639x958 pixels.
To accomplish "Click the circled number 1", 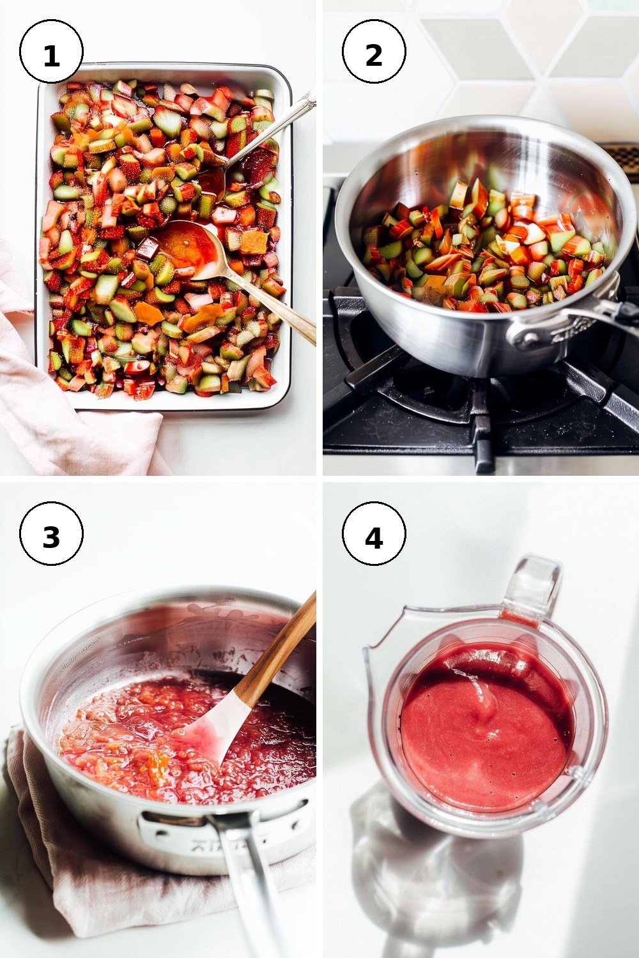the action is point(51,51).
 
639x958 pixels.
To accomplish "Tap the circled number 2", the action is point(374,51).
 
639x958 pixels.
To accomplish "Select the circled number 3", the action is point(51,533).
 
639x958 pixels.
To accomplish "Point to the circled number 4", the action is point(374,533).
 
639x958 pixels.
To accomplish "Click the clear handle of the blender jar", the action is point(531,585).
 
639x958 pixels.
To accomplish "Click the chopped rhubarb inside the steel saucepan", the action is point(484,252).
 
